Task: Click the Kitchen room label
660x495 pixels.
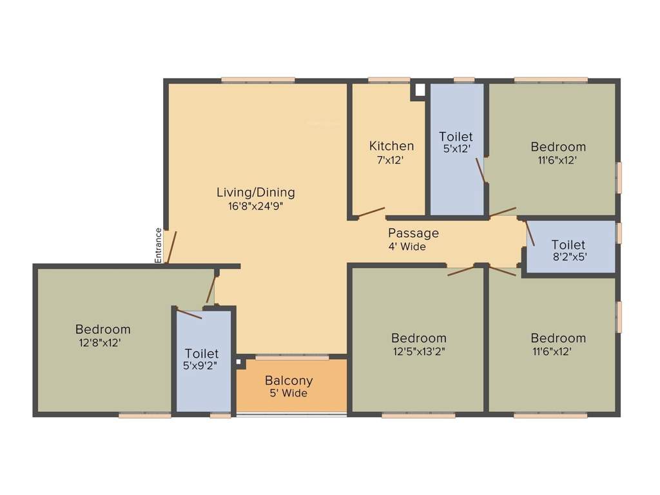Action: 391,146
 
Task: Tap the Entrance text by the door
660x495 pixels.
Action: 158,244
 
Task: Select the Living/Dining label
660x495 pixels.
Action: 255,192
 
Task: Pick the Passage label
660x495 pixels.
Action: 413,233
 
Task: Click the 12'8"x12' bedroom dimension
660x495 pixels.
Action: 100,343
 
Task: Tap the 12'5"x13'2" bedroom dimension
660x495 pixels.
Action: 418,351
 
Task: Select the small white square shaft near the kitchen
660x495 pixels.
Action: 420,90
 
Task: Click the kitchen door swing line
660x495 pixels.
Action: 371,211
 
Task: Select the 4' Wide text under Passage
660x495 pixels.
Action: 407,247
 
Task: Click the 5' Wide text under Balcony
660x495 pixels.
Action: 288,393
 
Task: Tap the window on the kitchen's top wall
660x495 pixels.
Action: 389,81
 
